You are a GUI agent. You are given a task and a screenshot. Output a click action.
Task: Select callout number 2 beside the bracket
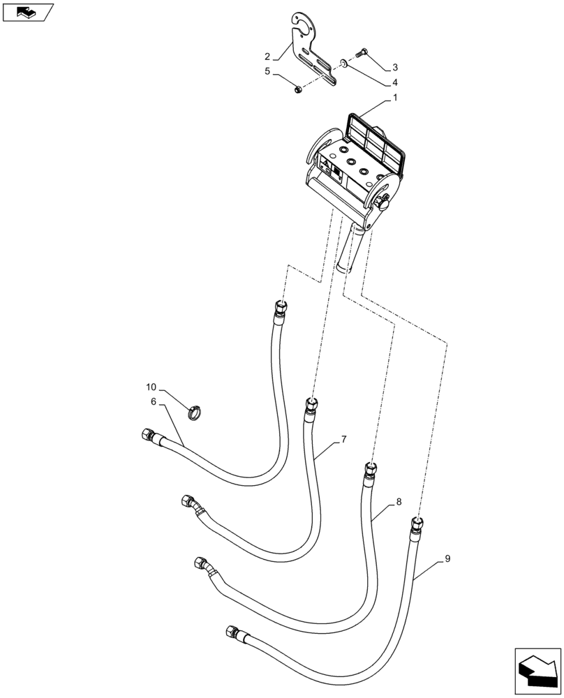pos(267,56)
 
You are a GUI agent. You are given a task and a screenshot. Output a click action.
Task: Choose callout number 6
pos(153,401)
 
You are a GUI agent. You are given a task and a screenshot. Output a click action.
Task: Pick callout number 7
pos(343,440)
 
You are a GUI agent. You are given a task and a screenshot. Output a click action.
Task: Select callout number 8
pos(399,501)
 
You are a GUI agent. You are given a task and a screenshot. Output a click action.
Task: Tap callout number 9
pos(447,558)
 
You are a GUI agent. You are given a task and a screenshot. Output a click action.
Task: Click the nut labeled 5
pos(297,89)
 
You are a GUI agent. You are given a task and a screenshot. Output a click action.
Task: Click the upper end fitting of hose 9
pos(417,523)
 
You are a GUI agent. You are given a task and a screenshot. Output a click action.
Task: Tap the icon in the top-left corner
pos(28,12)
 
